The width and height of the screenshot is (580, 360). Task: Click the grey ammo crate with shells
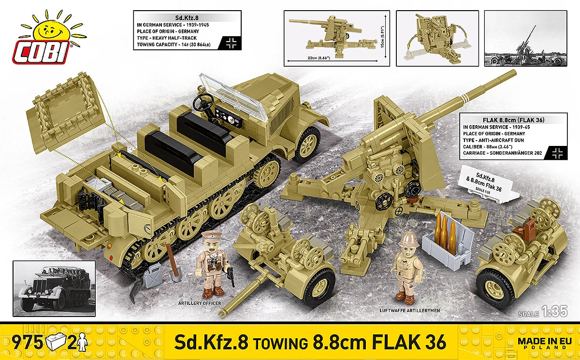[x=447, y=235]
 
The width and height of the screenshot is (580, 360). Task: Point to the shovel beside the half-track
[x=171, y=263]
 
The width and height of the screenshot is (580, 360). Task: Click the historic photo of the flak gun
[x=525, y=38]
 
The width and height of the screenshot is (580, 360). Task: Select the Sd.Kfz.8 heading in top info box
[x=187, y=16]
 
